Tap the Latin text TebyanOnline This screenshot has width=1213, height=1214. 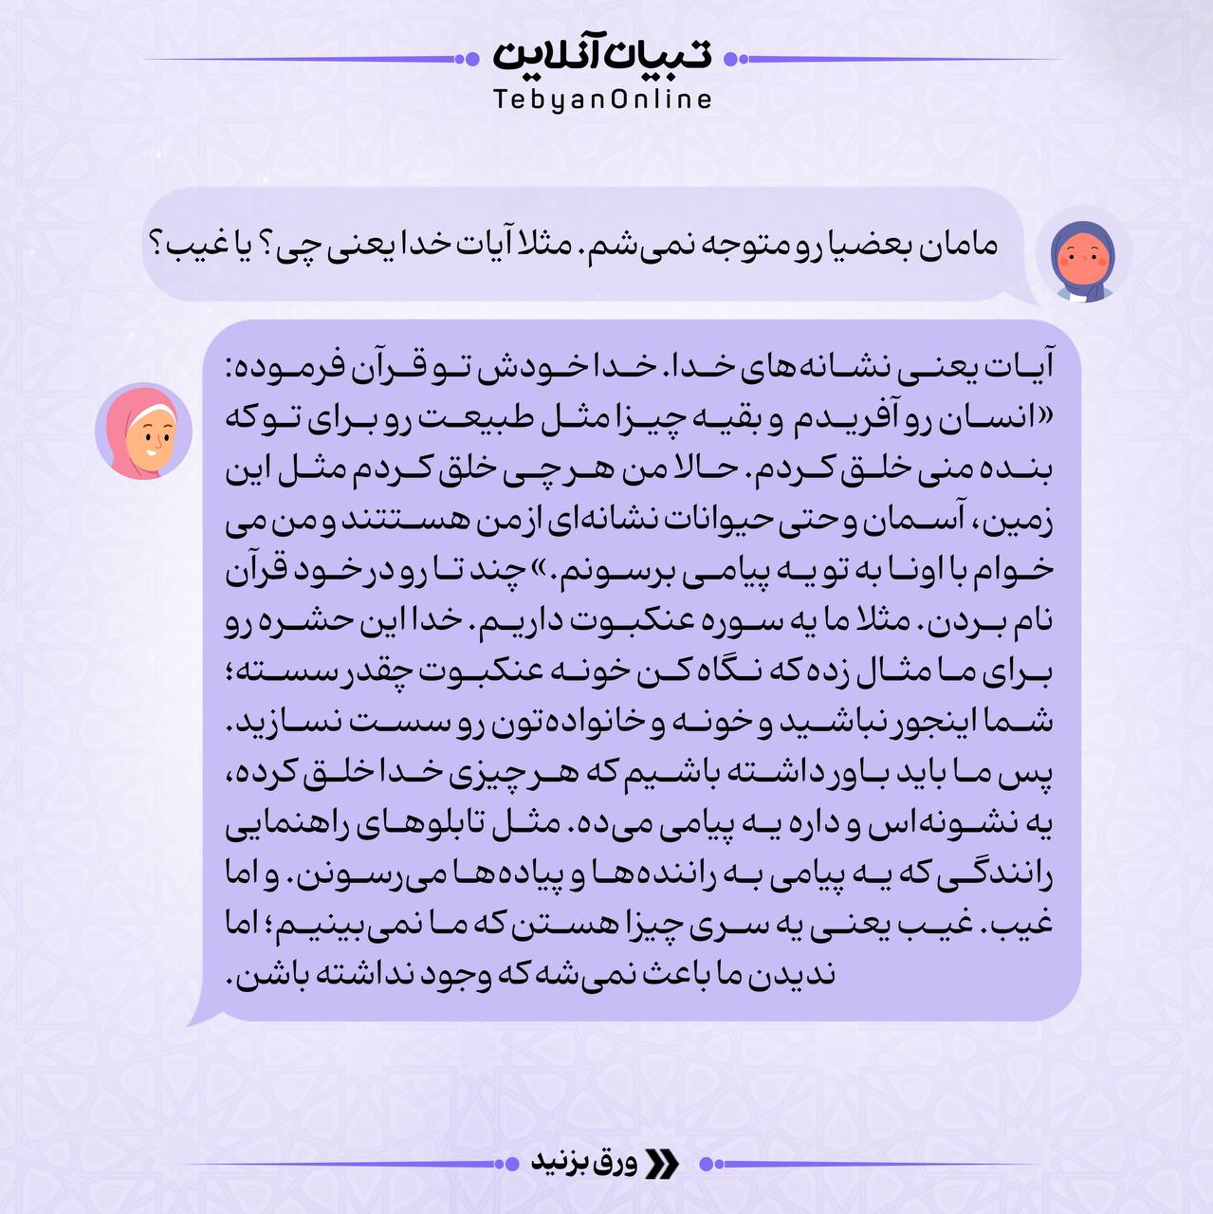(601, 100)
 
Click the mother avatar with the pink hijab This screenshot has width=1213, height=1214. (144, 432)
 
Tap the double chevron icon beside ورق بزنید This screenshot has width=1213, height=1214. (662, 1164)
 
